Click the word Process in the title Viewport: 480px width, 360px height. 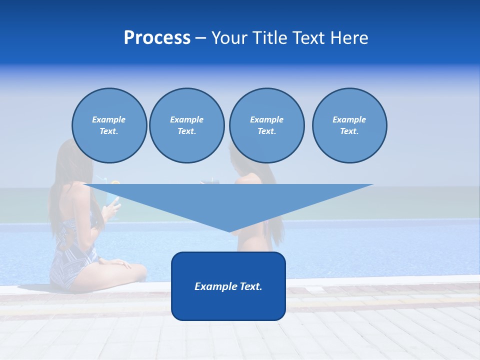tap(157, 38)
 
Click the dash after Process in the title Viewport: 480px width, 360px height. tap(200, 38)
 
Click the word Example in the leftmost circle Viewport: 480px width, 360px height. tap(109, 119)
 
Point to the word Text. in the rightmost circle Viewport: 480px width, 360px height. tap(349, 131)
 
